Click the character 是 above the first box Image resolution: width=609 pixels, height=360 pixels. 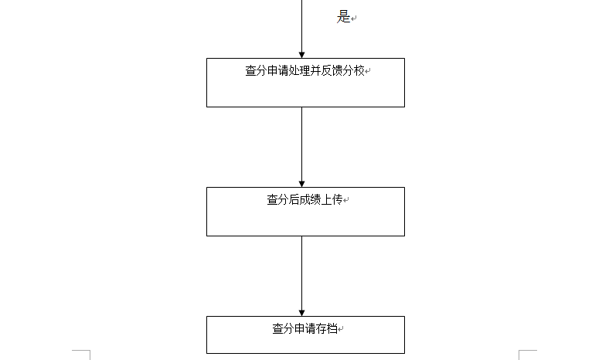coord(343,17)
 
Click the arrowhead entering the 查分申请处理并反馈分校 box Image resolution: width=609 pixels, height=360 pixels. coord(301,55)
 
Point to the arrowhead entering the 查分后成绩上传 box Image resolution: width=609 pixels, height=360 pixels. coord(301,184)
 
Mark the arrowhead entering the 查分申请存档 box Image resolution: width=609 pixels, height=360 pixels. coord(301,313)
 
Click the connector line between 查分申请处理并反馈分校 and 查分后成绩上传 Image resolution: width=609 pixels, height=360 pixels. coord(301,147)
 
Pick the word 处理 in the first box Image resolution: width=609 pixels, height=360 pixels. coord(299,70)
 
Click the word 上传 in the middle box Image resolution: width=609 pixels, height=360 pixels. coord(332,199)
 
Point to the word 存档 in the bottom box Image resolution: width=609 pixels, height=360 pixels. coord(326,328)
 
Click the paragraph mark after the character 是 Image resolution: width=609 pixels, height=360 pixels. coord(353,19)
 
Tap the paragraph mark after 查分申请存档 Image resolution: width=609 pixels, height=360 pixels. coord(340,329)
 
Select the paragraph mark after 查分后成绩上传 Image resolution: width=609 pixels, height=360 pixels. coord(345,200)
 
